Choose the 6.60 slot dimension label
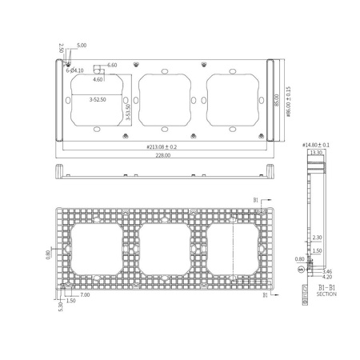pyautogui.click(x=111, y=65)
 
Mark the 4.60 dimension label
pyautogui.click(x=98, y=80)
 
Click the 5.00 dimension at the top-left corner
pyautogui.click(x=82, y=46)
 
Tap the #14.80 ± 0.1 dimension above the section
pyautogui.click(x=314, y=144)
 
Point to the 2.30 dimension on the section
pyautogui.click(x=318, y=237)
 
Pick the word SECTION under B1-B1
pyautogui.click(x=326, y=294)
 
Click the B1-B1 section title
pyautogui.click(x=326, y=286)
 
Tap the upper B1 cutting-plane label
pyautogui.click(x=255, y=199)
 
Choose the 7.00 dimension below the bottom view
pyautogui.click(x=85, y=295)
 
